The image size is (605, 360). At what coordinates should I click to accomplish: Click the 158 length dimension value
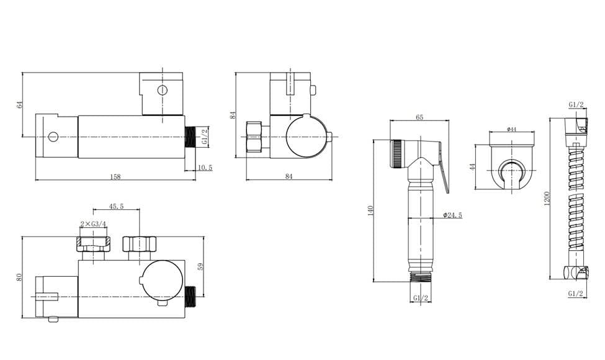click(x=115, y=177)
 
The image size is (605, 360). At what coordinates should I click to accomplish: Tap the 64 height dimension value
click(x=19, y=104)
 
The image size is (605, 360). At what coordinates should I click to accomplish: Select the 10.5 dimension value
click(x=204, y=168)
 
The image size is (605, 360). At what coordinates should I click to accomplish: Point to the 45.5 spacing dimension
click(x=115, y=207)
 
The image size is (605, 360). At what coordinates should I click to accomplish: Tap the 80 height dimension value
click(x=19, y=277)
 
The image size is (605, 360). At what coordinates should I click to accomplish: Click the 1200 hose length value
click(x=547, y=199)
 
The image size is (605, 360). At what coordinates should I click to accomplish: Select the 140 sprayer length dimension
click(x=371, y=211)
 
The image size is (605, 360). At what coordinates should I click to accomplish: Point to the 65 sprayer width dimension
click(x=419, y=117)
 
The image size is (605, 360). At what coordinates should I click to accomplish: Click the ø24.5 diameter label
click(x=452, y=215)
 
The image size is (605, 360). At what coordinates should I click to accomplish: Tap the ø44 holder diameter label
click(x=512, y=129)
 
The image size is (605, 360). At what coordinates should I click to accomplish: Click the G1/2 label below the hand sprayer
click(x=420, y=298)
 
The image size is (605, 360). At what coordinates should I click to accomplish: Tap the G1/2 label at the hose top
click(x=575, y=106)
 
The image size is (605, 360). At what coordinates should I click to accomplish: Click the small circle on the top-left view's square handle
click(x=162, y=89)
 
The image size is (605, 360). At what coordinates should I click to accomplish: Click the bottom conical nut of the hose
click(x=575, y=272)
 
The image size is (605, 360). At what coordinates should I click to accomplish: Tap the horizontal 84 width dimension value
click(x=288, y=177)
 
